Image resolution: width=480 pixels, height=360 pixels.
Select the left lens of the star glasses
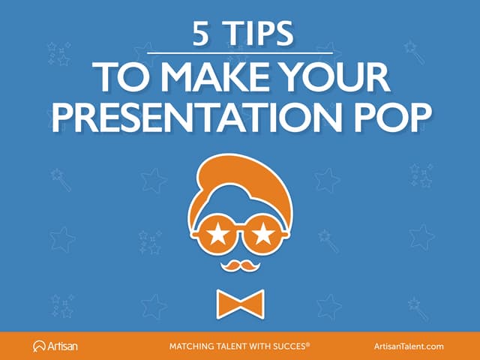click(x=218, y=235)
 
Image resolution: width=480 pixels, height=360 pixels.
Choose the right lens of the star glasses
click(x=262, y=235)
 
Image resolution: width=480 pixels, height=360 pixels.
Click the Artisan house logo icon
click(x=40, y=346)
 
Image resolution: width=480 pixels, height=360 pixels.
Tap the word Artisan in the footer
click(x=63, y=346)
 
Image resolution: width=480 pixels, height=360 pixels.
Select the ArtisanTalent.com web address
click(x=409, y=346)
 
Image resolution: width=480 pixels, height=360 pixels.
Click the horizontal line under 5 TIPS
click(x=239, y=52)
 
